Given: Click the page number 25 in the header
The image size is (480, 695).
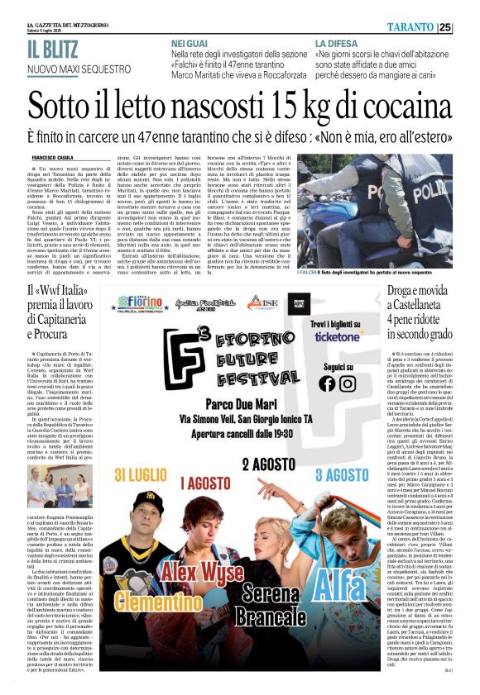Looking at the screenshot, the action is (x=468, y=27).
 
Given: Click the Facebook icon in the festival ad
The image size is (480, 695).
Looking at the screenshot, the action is (x=327, y=383).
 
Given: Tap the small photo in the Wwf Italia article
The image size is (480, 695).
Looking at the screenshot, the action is (x=49, y=485).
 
